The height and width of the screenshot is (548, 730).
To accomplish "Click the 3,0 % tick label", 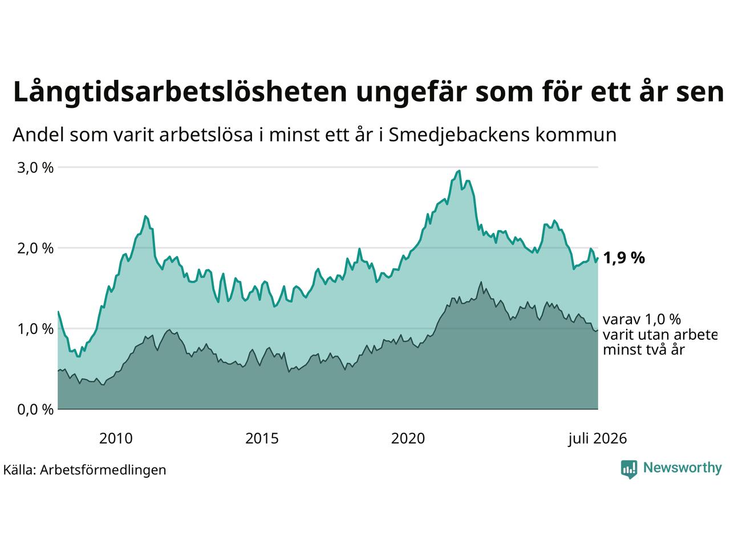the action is pos(35,168).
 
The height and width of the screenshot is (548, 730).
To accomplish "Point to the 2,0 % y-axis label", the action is pos(35,248).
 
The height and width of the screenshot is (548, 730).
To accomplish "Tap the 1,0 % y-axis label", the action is pos(35,329).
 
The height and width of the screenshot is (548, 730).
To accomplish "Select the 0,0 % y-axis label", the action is pos(35,410).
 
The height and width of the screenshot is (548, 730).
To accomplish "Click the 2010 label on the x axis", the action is pos(116,438).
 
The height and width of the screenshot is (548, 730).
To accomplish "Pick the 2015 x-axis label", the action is pos(262,438).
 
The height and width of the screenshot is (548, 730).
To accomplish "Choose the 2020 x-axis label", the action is pos(408,438).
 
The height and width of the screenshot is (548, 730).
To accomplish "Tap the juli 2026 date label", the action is pos(597,438).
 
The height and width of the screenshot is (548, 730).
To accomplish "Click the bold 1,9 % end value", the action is pos(624,258).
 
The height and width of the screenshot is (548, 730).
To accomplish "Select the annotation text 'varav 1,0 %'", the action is pos(642,320).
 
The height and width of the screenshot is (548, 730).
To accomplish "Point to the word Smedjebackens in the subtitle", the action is pos(459,135).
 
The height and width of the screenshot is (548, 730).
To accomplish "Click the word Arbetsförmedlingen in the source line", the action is pos(103,470).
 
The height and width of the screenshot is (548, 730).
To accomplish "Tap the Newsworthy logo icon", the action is pos(629,469).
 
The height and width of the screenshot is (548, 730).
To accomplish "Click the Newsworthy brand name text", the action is pos(683,468).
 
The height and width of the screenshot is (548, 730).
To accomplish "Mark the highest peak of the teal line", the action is pos(459,171).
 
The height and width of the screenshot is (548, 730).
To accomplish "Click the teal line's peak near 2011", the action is pos(145,216).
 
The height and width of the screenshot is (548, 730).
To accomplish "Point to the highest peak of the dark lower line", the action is pos(481,282).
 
